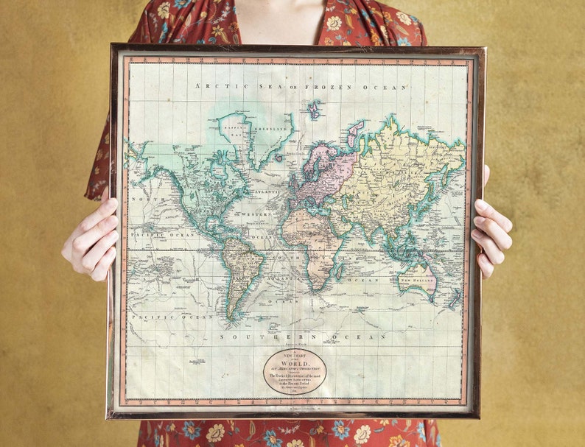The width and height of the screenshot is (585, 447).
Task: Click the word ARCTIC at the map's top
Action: [x=213, y=86]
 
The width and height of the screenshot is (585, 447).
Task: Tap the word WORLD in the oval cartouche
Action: [x=295, y=363]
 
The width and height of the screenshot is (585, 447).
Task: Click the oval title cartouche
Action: [x=295, y=371]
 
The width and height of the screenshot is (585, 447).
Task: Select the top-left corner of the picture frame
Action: [x=112, y=46]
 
